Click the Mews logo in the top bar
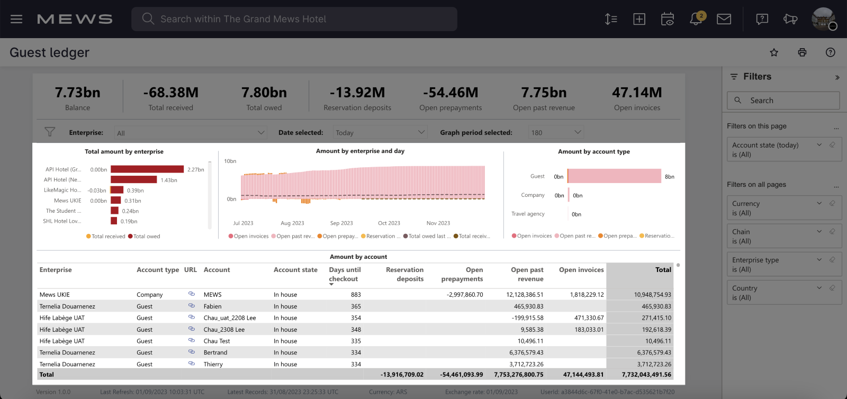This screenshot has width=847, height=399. pyautogui.click(x=75, y=19)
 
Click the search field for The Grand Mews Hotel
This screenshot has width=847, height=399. pyautogui.click(x=294, y=19)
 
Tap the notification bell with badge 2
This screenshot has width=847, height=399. pyautogui.click(x=696, y=19)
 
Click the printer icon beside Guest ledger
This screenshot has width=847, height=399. pyautogui.click(x=802, y=52)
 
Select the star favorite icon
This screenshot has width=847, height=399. pyautogui.click(x=774, y=52)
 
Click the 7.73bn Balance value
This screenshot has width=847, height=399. pyautogui.click(x=78, y=93)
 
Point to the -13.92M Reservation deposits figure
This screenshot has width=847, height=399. pyautogui.click(x=357, y=93)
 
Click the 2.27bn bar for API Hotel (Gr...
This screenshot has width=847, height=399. pyautogui.click(x=147, y=169)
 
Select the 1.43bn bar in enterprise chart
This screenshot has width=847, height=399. pyautogui.click(x=134, y=180)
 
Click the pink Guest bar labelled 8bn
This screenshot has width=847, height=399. pyautogui.click(x=614, y=176)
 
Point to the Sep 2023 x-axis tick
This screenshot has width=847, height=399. pyautogui.click(x=341, y=223)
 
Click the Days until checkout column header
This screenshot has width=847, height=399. pyautogui.click(x=345, y=274)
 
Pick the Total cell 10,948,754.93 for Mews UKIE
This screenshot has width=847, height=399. pyautogui.click(x=652, y=295)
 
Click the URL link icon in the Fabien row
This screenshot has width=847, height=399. pyautogui.click(x=191, y=306)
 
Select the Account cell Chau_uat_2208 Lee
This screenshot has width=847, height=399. pyautogui.click(x=230, y=318)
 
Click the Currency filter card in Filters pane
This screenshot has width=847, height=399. pyautogui.click(x=783, y=208)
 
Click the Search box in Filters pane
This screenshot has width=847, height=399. pyautogui.click(x=783, y=101)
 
